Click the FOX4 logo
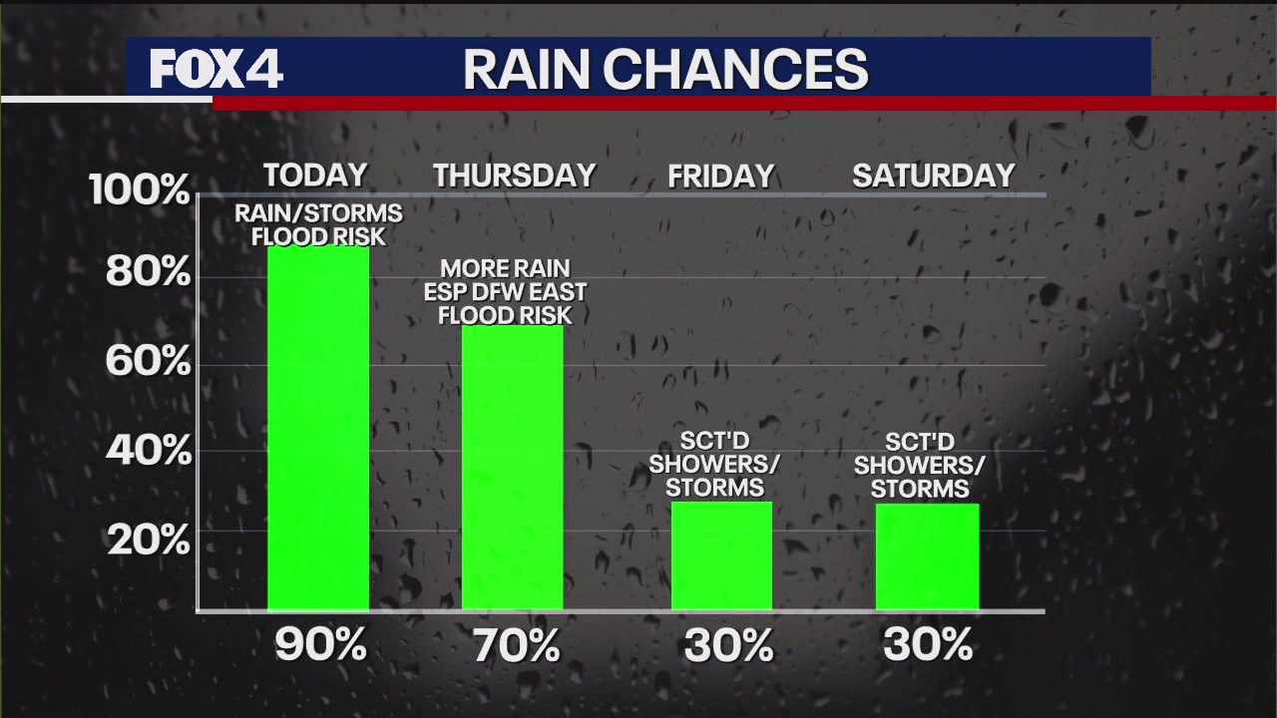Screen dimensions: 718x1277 [216, 69]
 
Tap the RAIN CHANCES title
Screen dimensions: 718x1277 [665, 70]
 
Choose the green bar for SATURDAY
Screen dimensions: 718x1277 [927, 555]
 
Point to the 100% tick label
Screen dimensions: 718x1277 [139, 189]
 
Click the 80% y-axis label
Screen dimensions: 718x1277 [147, 271]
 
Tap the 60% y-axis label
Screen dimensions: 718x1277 [147, 361]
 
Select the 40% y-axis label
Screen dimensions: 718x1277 [147, 451]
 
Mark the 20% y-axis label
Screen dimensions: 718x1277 [147, 539]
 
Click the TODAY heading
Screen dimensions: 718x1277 [315, 176]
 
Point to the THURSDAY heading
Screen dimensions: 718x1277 [514, 176]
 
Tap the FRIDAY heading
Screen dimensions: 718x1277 [720, 177]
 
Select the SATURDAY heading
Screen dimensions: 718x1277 [933, 176]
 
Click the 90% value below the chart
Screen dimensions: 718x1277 [320, 646]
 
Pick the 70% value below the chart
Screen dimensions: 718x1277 [516, 646]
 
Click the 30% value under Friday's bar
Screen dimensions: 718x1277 [728, 646]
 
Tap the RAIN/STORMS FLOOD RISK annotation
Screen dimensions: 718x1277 [318, 224]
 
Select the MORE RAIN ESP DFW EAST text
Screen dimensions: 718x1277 [506, 281]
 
